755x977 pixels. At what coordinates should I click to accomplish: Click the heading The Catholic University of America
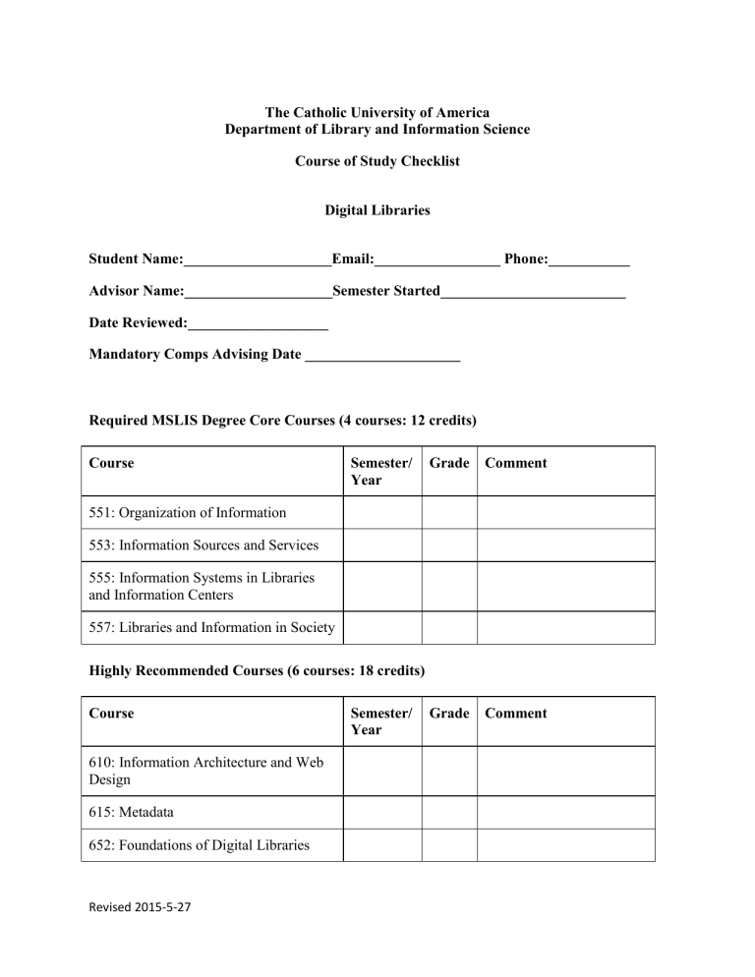coord(377,113)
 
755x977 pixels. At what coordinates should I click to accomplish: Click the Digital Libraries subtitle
coord(377,210)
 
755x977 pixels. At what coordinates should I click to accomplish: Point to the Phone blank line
coord(589,261)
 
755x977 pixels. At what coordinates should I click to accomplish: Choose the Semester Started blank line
coord(533,293)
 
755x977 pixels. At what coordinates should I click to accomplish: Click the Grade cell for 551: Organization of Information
coord(449,512)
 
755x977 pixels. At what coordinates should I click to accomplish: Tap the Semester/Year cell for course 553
coord(381,546)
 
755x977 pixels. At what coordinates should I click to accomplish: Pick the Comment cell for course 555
coord(565,587)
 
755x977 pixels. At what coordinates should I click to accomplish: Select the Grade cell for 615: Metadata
coord(449,812)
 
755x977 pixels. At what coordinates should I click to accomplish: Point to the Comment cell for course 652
coord(565,845)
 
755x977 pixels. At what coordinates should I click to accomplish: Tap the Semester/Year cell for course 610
coord(381,771)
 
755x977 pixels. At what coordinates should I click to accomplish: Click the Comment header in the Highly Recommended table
coord(516,714)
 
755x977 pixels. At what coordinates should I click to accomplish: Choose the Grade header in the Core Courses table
coord(449,463)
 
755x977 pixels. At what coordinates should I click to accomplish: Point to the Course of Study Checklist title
coord(377,161)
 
